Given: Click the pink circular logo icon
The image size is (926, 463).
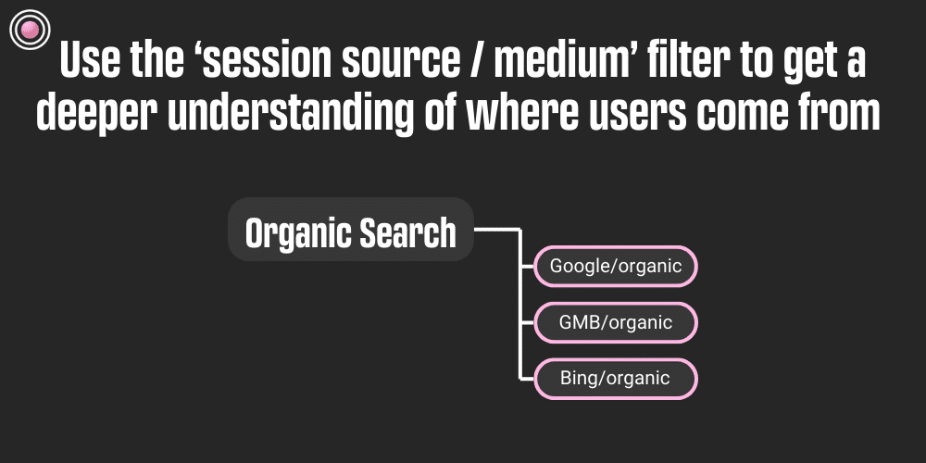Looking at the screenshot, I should [x=28, y=30].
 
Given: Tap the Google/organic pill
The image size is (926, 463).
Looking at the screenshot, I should [x=616, y=267].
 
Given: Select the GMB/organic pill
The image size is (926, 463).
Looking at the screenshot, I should [x=616, y=323].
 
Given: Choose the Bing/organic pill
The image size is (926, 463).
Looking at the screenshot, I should [x=616, y=379].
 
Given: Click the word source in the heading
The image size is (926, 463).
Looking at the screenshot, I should [x=381, y=62].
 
